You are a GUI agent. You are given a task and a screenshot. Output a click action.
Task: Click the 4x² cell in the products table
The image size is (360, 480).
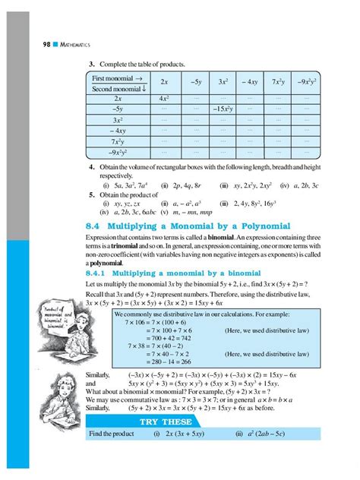(x=164, y=98)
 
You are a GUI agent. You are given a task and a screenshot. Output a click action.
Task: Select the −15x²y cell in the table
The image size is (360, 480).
(x=226, y=109)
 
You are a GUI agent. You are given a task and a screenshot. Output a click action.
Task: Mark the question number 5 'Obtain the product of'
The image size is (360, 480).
(x=90, y=194)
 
